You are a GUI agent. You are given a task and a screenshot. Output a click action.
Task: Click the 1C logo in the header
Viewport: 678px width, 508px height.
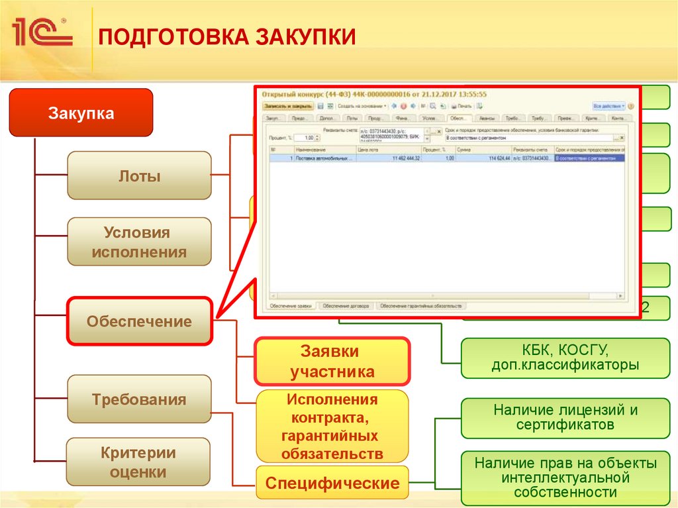pos(42,32)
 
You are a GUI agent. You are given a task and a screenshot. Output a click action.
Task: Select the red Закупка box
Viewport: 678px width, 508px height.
pos(81,113)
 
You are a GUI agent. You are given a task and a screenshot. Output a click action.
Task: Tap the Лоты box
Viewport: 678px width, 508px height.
pos(140,176)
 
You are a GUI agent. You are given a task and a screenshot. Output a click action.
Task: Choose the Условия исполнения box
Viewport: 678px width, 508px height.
pos(140,242)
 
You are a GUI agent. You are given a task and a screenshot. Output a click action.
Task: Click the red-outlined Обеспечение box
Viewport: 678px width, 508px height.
pos(140,322)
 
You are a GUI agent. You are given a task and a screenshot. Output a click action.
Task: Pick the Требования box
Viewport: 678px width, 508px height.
pos(140,399)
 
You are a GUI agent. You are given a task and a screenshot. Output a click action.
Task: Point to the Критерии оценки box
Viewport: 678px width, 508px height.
pos(140,462)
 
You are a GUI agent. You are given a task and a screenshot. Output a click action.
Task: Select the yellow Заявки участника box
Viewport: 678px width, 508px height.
pos(332,362)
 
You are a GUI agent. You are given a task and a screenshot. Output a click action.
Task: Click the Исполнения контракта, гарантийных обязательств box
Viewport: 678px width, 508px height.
pos(332,427)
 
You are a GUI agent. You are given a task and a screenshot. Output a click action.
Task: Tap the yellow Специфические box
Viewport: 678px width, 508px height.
pos(332,483)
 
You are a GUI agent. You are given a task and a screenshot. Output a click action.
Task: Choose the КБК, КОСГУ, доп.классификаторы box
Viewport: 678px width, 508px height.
pos(565,358)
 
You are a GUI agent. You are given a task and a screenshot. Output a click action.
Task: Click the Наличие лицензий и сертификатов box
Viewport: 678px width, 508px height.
pos(565,417)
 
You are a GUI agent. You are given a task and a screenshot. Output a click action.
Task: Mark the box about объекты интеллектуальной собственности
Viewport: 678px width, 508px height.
pos(565,477)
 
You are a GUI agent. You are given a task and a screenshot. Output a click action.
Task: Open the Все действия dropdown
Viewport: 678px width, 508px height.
pos(608,106)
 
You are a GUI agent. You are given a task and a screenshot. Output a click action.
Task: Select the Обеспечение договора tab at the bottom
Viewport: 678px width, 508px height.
pos(346,307)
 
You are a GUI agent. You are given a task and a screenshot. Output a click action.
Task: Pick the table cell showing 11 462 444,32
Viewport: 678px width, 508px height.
pos(406,159)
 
